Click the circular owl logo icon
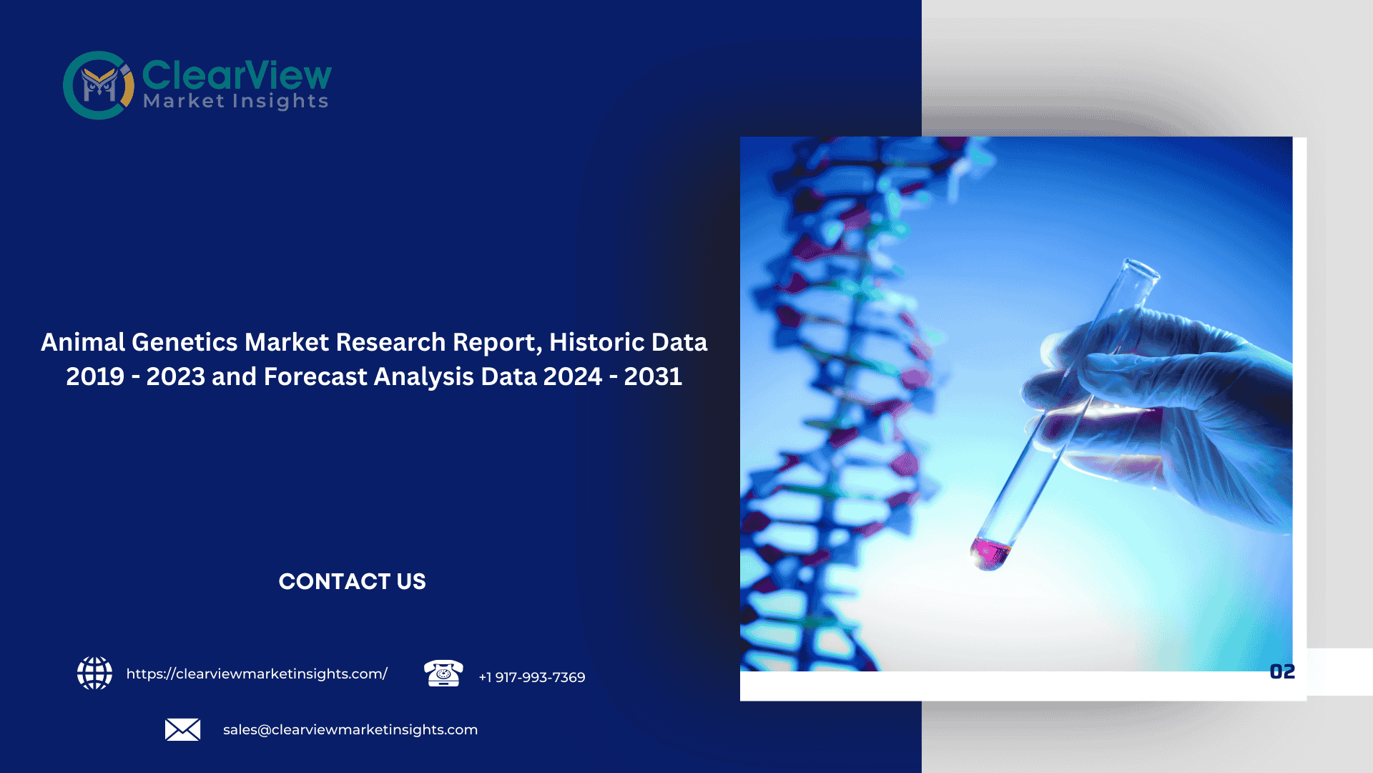tap(98, 85)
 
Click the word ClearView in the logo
tap(237, 74)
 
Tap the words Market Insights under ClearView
tap(235, 102)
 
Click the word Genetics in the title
tap(184, 342)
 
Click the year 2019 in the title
tap(95, 376)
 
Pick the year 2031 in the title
tap(653, 376)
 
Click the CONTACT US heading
tap(352, 581)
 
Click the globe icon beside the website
tap(94, 674)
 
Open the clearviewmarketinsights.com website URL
tap(257, 674)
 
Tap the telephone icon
tap(443, 674)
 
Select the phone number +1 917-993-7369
tap(532, 677)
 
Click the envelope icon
tap(182, 729)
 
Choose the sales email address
tap(350, 729)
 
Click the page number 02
tap(1282, 671)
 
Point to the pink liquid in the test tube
tap(990, 553)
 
